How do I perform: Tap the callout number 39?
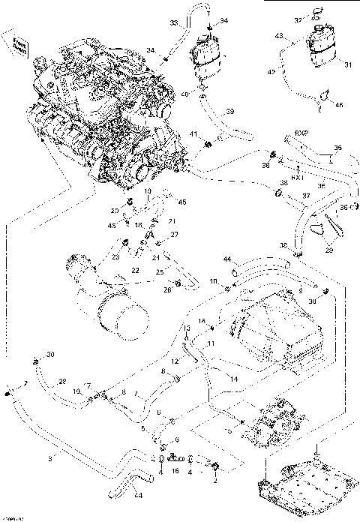pyautogui.click(x=229, y=111)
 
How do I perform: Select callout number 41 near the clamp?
pyautogui.click(x=193, y=134)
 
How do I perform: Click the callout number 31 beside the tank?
pyautogui.click(x=347, y=64)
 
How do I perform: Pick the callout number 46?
pyautogui.click(x=339, y=105)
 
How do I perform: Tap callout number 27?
pyautogui.click(x=175, y=235)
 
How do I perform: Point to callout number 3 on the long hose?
pyautogui.click(x=50, y=455)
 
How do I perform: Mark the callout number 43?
pyautogui.click(x=279, y=36)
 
